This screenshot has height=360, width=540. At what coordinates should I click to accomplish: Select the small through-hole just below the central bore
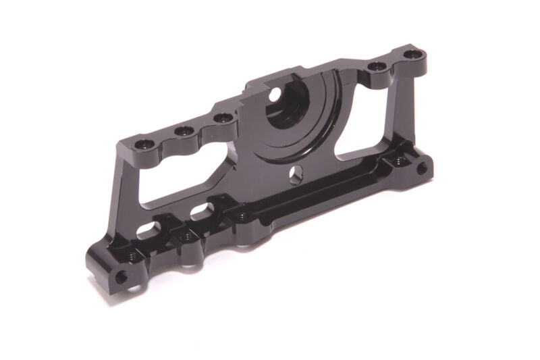point(294,175)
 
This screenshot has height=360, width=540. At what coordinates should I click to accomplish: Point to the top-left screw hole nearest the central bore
point(222,119)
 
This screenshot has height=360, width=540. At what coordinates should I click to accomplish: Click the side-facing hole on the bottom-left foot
point(121,277)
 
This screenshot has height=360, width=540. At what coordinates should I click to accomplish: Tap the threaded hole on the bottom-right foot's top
point(399,161)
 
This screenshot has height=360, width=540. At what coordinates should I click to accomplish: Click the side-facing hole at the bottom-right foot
point(421,168)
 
